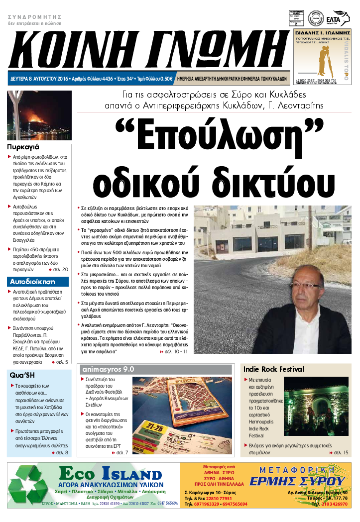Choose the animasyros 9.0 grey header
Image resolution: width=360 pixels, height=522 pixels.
[x=108, y=369]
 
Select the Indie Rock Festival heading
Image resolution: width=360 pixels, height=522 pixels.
[x=273, y=369]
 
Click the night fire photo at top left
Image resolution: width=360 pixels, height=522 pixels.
[x=39, y=116]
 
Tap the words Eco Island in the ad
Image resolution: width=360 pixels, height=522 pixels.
[x=110, y=473]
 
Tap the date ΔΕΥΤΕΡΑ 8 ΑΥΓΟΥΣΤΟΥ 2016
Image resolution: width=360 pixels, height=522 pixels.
[x=39, y=79]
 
